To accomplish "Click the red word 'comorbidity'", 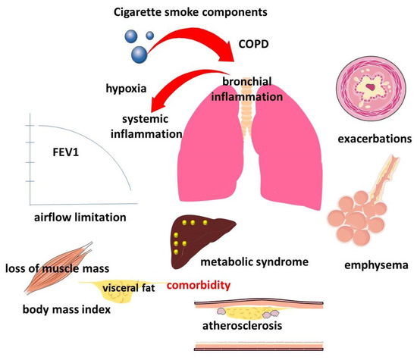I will [x=220, y=288].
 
